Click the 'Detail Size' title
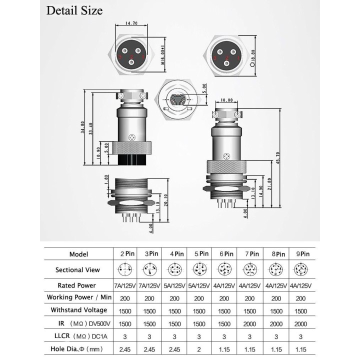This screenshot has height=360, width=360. point(74,10)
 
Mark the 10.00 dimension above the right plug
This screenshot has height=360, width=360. point(227,99)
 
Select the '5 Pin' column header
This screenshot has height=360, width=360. point(200,254)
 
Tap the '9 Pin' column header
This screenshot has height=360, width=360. point(301,254)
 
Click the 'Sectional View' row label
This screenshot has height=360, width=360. point(78,269)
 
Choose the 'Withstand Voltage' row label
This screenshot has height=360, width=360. point(78,310)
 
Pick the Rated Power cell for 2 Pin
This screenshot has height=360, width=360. point(123,285)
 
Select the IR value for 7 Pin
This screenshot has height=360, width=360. point(251,323)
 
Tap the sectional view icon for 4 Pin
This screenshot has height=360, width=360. point(174,270)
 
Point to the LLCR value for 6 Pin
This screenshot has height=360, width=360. point(225,336)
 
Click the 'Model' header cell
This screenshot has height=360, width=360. point(78,254)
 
